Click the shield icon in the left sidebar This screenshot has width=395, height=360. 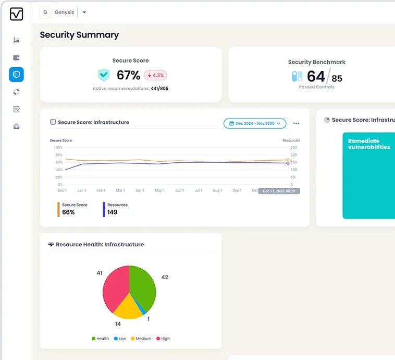[16, 75]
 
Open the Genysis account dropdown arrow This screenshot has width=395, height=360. [84, 13]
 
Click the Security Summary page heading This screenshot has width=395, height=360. [79, 35]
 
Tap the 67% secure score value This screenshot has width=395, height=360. [128, 75]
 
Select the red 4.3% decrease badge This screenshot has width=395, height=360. [155, 75]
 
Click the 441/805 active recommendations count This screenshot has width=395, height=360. [159, 89]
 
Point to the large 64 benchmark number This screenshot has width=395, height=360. [316, 77]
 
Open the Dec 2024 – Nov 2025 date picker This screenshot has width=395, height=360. [255, 124]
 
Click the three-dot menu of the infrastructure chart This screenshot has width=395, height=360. [296, 124]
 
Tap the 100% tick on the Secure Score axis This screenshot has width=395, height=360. [58, 148]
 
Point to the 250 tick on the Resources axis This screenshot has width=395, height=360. [293, 148]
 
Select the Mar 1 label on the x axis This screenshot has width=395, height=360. [120, 191]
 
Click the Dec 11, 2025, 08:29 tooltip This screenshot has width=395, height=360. [279, 191]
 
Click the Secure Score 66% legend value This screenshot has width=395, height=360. [68, 212]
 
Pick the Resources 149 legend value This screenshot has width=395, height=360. [112, 212]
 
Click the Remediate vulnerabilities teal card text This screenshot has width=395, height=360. [369, 144]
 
